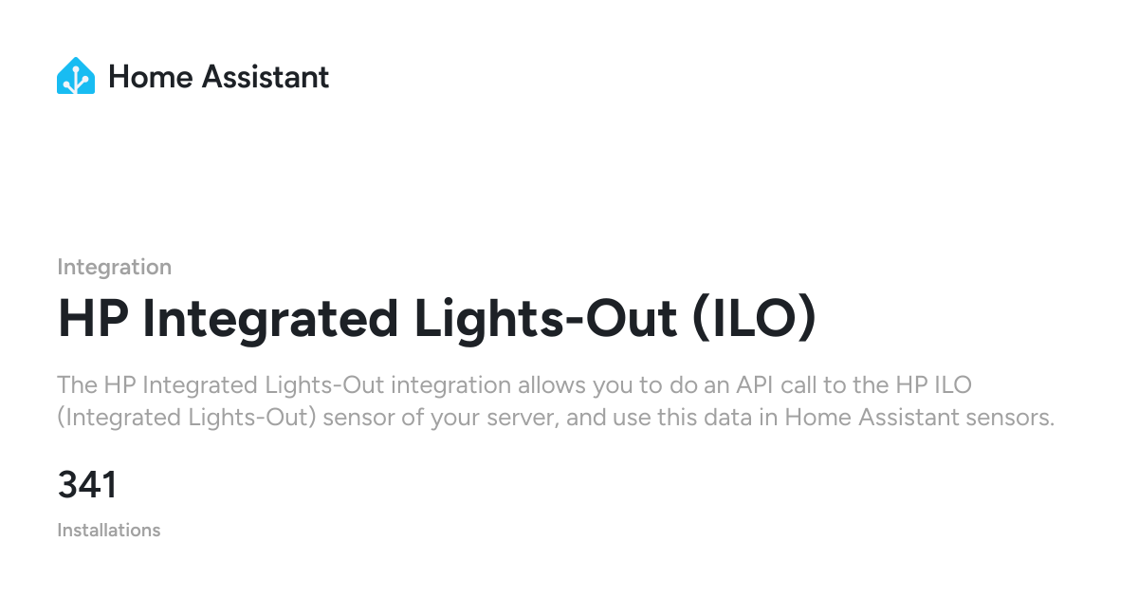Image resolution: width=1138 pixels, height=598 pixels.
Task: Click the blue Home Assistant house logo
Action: pos(76,76)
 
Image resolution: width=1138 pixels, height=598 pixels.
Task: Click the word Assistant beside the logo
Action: pos(266,77)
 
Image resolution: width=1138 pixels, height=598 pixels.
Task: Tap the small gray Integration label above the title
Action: pos(115,267)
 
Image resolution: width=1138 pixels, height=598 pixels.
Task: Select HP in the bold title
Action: pos(93,319)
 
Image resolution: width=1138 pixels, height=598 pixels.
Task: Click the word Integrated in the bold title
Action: pos(270,321)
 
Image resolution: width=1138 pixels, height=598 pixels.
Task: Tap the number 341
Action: pos(87,485)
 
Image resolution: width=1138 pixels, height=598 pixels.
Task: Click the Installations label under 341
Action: pos(109,530)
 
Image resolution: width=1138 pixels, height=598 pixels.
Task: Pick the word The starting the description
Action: pos(77,385)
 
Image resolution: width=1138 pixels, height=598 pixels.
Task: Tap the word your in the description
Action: pos(455,419)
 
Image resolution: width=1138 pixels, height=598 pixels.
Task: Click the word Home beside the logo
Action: pos(151,77)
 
